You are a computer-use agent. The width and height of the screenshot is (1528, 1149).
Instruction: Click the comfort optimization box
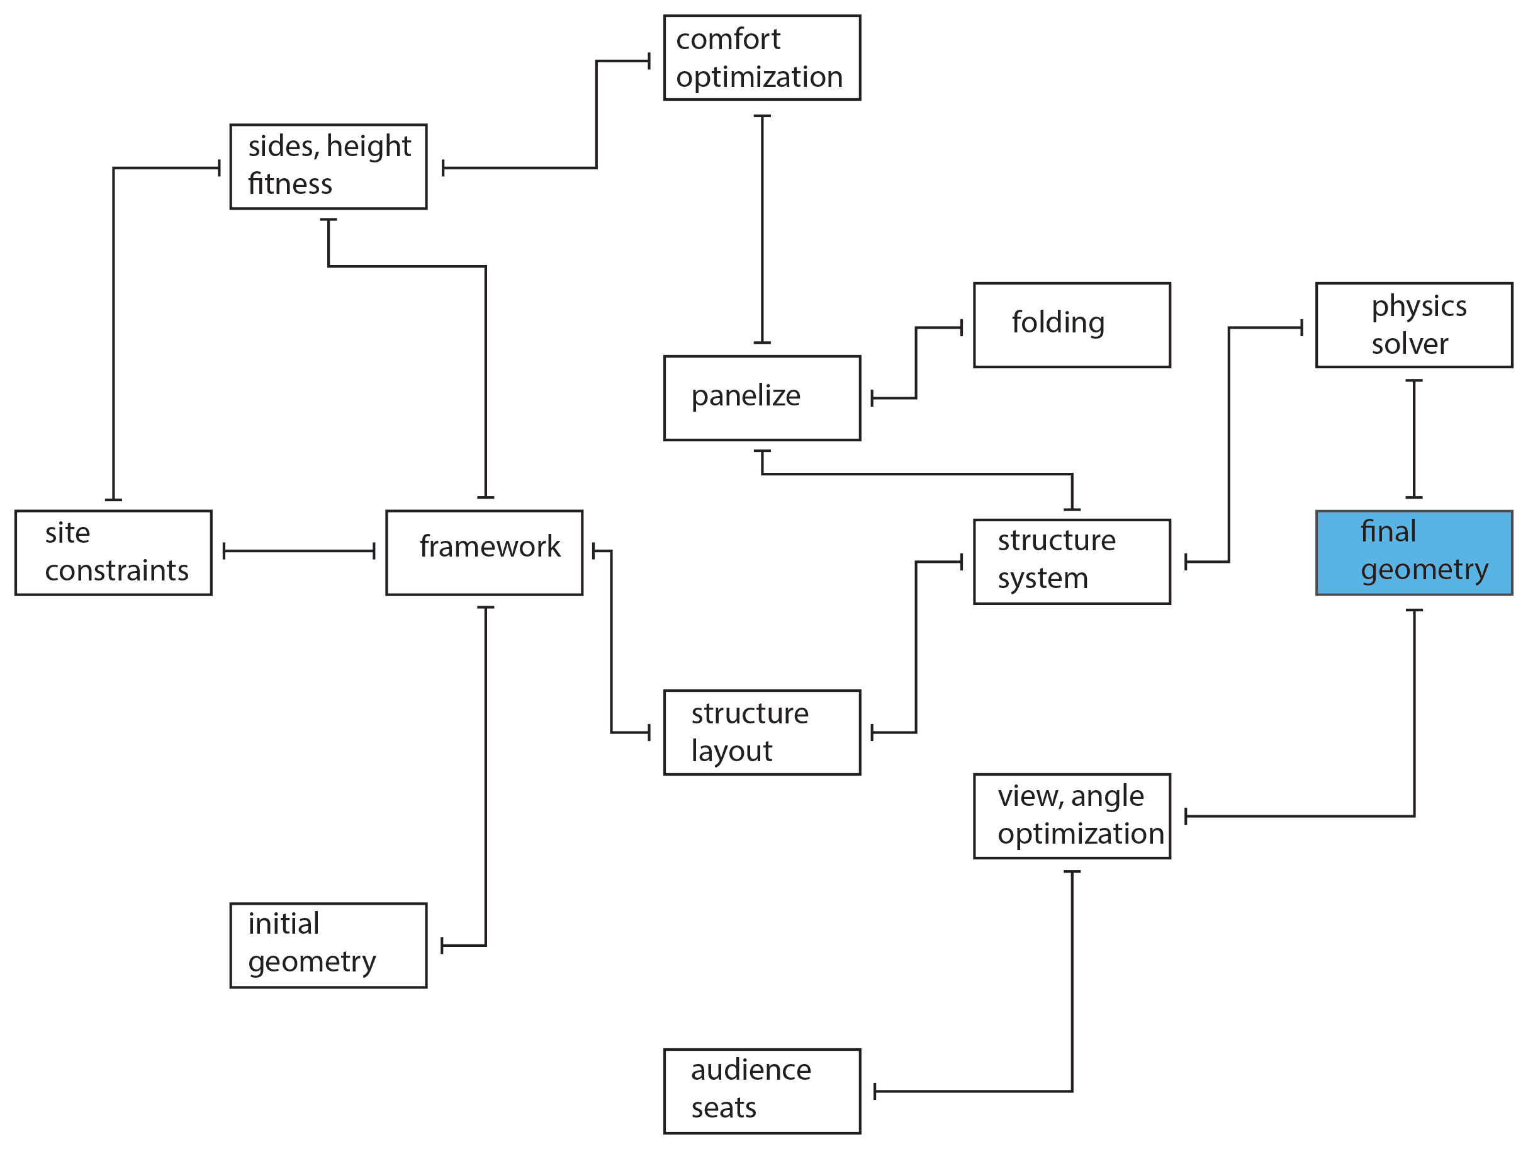tap(761, 58)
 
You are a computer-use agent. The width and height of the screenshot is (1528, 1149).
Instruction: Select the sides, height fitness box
tap(328, 166)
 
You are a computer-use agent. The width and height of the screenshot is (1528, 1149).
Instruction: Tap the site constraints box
tap(113, 553)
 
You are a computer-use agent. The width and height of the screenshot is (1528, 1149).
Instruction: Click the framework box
tap(483, 553)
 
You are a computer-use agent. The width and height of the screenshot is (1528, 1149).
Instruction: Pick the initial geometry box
tap(328, 945)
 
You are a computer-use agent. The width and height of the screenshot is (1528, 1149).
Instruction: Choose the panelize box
tap(761, 398)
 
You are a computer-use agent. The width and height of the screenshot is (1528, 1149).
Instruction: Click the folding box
tap(1071, 325)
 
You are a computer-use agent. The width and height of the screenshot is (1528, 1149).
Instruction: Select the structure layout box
tap(761, 732)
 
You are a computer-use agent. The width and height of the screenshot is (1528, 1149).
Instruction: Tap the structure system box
tap(1071, 562)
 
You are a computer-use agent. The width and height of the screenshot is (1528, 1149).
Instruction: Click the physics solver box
tap(1413, 325)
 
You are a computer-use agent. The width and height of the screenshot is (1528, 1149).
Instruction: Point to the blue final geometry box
tap(1413, 553)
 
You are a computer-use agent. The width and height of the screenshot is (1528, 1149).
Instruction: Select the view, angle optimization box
tap(1071, 816)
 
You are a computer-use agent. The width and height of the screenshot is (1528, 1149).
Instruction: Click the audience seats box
tap(761, 1091)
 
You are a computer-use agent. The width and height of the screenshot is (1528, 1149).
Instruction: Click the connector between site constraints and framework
tap(298, 551)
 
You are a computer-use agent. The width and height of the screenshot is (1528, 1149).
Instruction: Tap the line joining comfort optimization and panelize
tap(762, 228)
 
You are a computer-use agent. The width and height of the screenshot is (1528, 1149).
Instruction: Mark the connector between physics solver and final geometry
tap(1414, 439)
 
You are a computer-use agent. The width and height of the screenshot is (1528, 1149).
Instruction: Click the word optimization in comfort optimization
tap(758, 77)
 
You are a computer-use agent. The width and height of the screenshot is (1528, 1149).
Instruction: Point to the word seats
tap(723, 1107)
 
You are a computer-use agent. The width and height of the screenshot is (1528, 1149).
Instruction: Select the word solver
tap(1409, 343)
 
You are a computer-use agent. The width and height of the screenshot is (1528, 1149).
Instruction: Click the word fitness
tap(289, 184)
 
